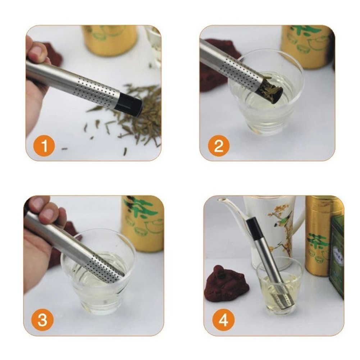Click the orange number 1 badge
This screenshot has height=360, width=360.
(x=45, y=146)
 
